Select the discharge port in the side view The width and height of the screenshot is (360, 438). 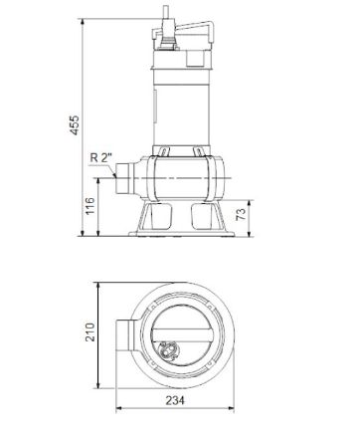(x=125, y=179)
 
